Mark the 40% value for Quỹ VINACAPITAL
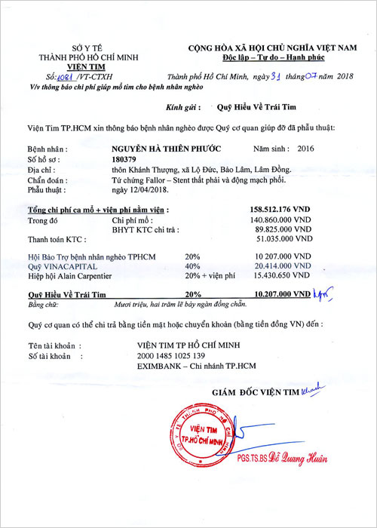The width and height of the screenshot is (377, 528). (x=192, y=266)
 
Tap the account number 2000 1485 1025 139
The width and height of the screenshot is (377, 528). (x=171, y=355)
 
